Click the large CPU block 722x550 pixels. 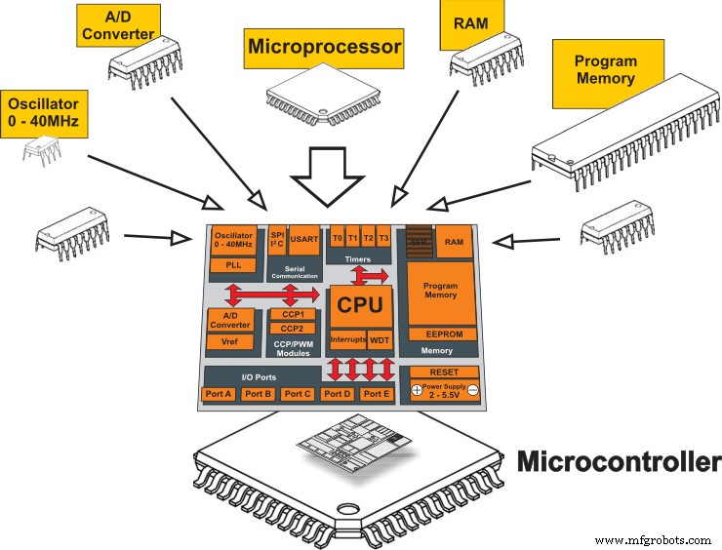pyautogui.click(x=360, y=305)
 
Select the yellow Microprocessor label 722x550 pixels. pyautogui.click(x=323, y=46)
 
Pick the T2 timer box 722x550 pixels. pyautogui.click(x=369, y=238)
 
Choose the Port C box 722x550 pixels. pyautogui.click(x=297, y=394)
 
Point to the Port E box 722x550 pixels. pyautogui.click(x=376, y=394)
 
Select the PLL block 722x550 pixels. pyautogui.click(x=232, y=264)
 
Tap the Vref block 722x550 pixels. pyautogui.click(x=231, y=341)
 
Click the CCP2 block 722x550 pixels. pyautogui.click(x=293, y=330)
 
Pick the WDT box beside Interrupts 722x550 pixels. pyautogui.click(x=379, y=340)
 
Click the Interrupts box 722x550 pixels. pyautogui.click(x=346, y=340)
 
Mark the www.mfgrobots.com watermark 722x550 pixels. pyautogui.click(x=654, y=538)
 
